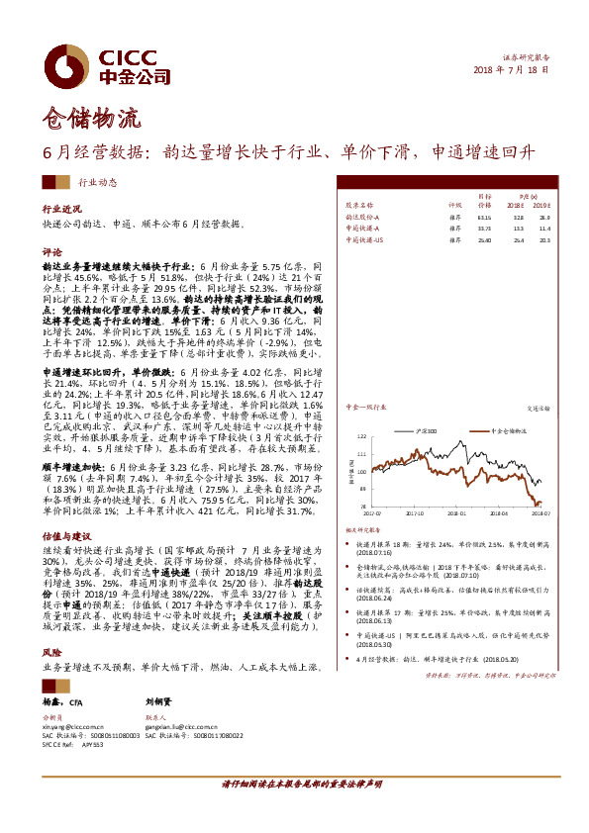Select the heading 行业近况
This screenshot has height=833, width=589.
click(60, 210)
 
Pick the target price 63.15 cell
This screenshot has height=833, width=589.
click(484, 216)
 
